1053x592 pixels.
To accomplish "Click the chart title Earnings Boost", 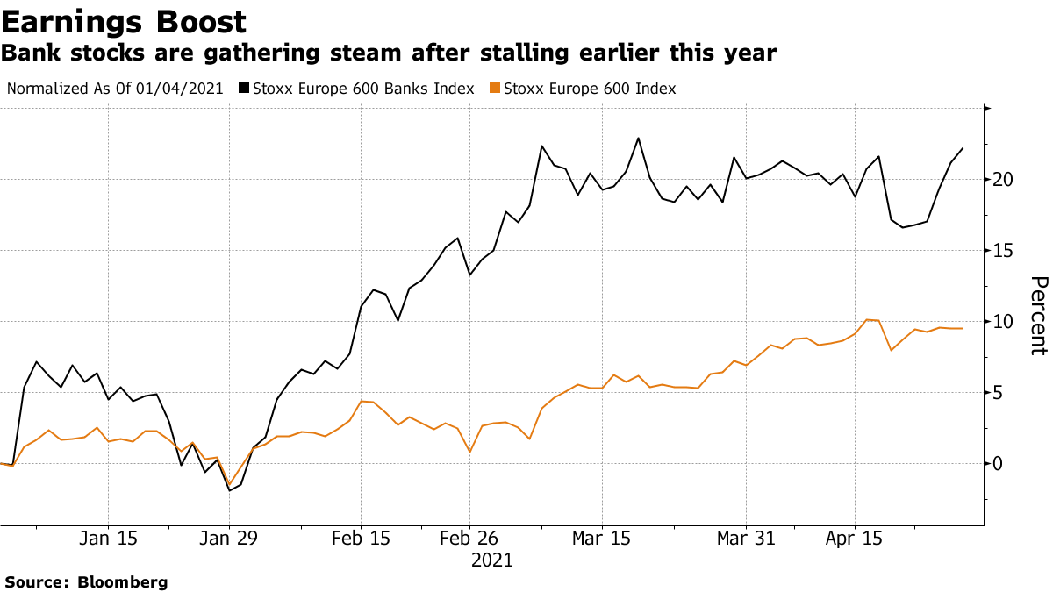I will [124, 21].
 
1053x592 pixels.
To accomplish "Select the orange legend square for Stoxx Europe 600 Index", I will [495, 89].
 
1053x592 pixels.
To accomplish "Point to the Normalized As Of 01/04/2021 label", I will [115, 89].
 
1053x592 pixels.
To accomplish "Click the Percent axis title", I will [1038, 316].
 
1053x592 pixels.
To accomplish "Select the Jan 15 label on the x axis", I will [108, 539].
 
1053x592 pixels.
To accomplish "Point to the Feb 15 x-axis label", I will [360, 539].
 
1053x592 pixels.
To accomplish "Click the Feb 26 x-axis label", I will [469, 539].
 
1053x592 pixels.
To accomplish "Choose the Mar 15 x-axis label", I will [601, 539].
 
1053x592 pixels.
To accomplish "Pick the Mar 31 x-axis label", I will [745, 539].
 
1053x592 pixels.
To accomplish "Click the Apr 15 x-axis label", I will [855, 539].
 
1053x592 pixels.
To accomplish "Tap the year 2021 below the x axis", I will [491, 560].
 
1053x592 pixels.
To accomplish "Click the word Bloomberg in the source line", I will [123, 581].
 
